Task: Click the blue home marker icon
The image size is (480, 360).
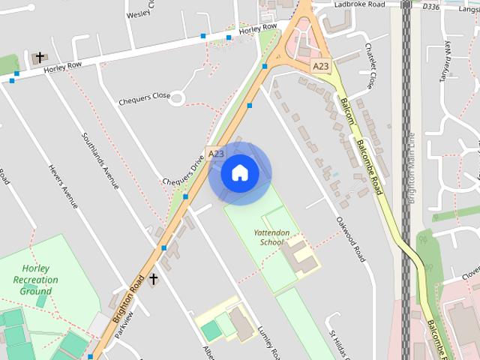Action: tap(239, 172)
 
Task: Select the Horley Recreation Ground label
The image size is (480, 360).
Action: tap(35, 280)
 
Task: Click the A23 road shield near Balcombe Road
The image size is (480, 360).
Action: tap(321, 66)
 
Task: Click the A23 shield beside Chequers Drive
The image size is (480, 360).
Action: tap(216, 154)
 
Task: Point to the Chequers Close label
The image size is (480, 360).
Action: tap(144, 99)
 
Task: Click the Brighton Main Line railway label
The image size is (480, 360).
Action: tap(410, 169)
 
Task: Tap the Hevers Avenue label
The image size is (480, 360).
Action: tap(63, 187)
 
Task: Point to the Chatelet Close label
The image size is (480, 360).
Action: tap(370, 66)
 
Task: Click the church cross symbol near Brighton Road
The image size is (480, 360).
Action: tap(154, 280)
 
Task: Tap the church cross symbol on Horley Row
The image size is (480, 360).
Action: tap(40, 58)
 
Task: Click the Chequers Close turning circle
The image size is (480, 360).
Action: tap(178, 97)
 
